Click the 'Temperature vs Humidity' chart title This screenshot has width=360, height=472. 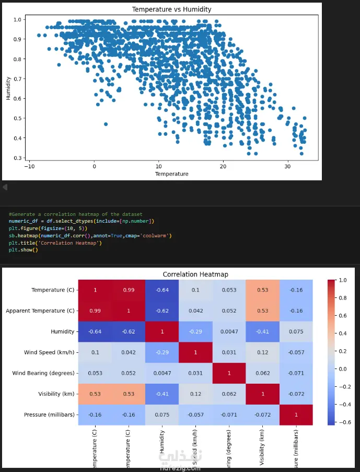pyautogui.click(x=171, y=9)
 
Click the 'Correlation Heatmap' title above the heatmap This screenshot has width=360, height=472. pyautogui.click(x=195, y=274)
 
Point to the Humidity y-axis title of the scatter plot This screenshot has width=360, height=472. pyautogui.click(x=8, y=88)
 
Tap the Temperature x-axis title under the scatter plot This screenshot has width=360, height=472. pyautogui.click(x=171, y=174)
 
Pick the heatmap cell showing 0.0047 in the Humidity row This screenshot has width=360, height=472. pyautogui.click(x=229, y=331)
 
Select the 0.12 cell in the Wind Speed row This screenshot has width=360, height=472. pyautogui.click(x=263, y=352)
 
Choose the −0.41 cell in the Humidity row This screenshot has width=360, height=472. pyautogui.click(x=263, y=331)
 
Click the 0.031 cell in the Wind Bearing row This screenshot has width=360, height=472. pyautogui.click(x=196, y=373)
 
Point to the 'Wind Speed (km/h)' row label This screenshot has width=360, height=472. pyautogui.click(x=50, y=352)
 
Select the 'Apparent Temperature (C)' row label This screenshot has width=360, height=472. pyautogui.click(x=40, y=311)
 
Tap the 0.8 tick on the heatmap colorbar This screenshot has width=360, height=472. pyautogui.click(x=343, y=298)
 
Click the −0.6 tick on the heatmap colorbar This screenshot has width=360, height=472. pyautogui.click(x=344, y=422)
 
